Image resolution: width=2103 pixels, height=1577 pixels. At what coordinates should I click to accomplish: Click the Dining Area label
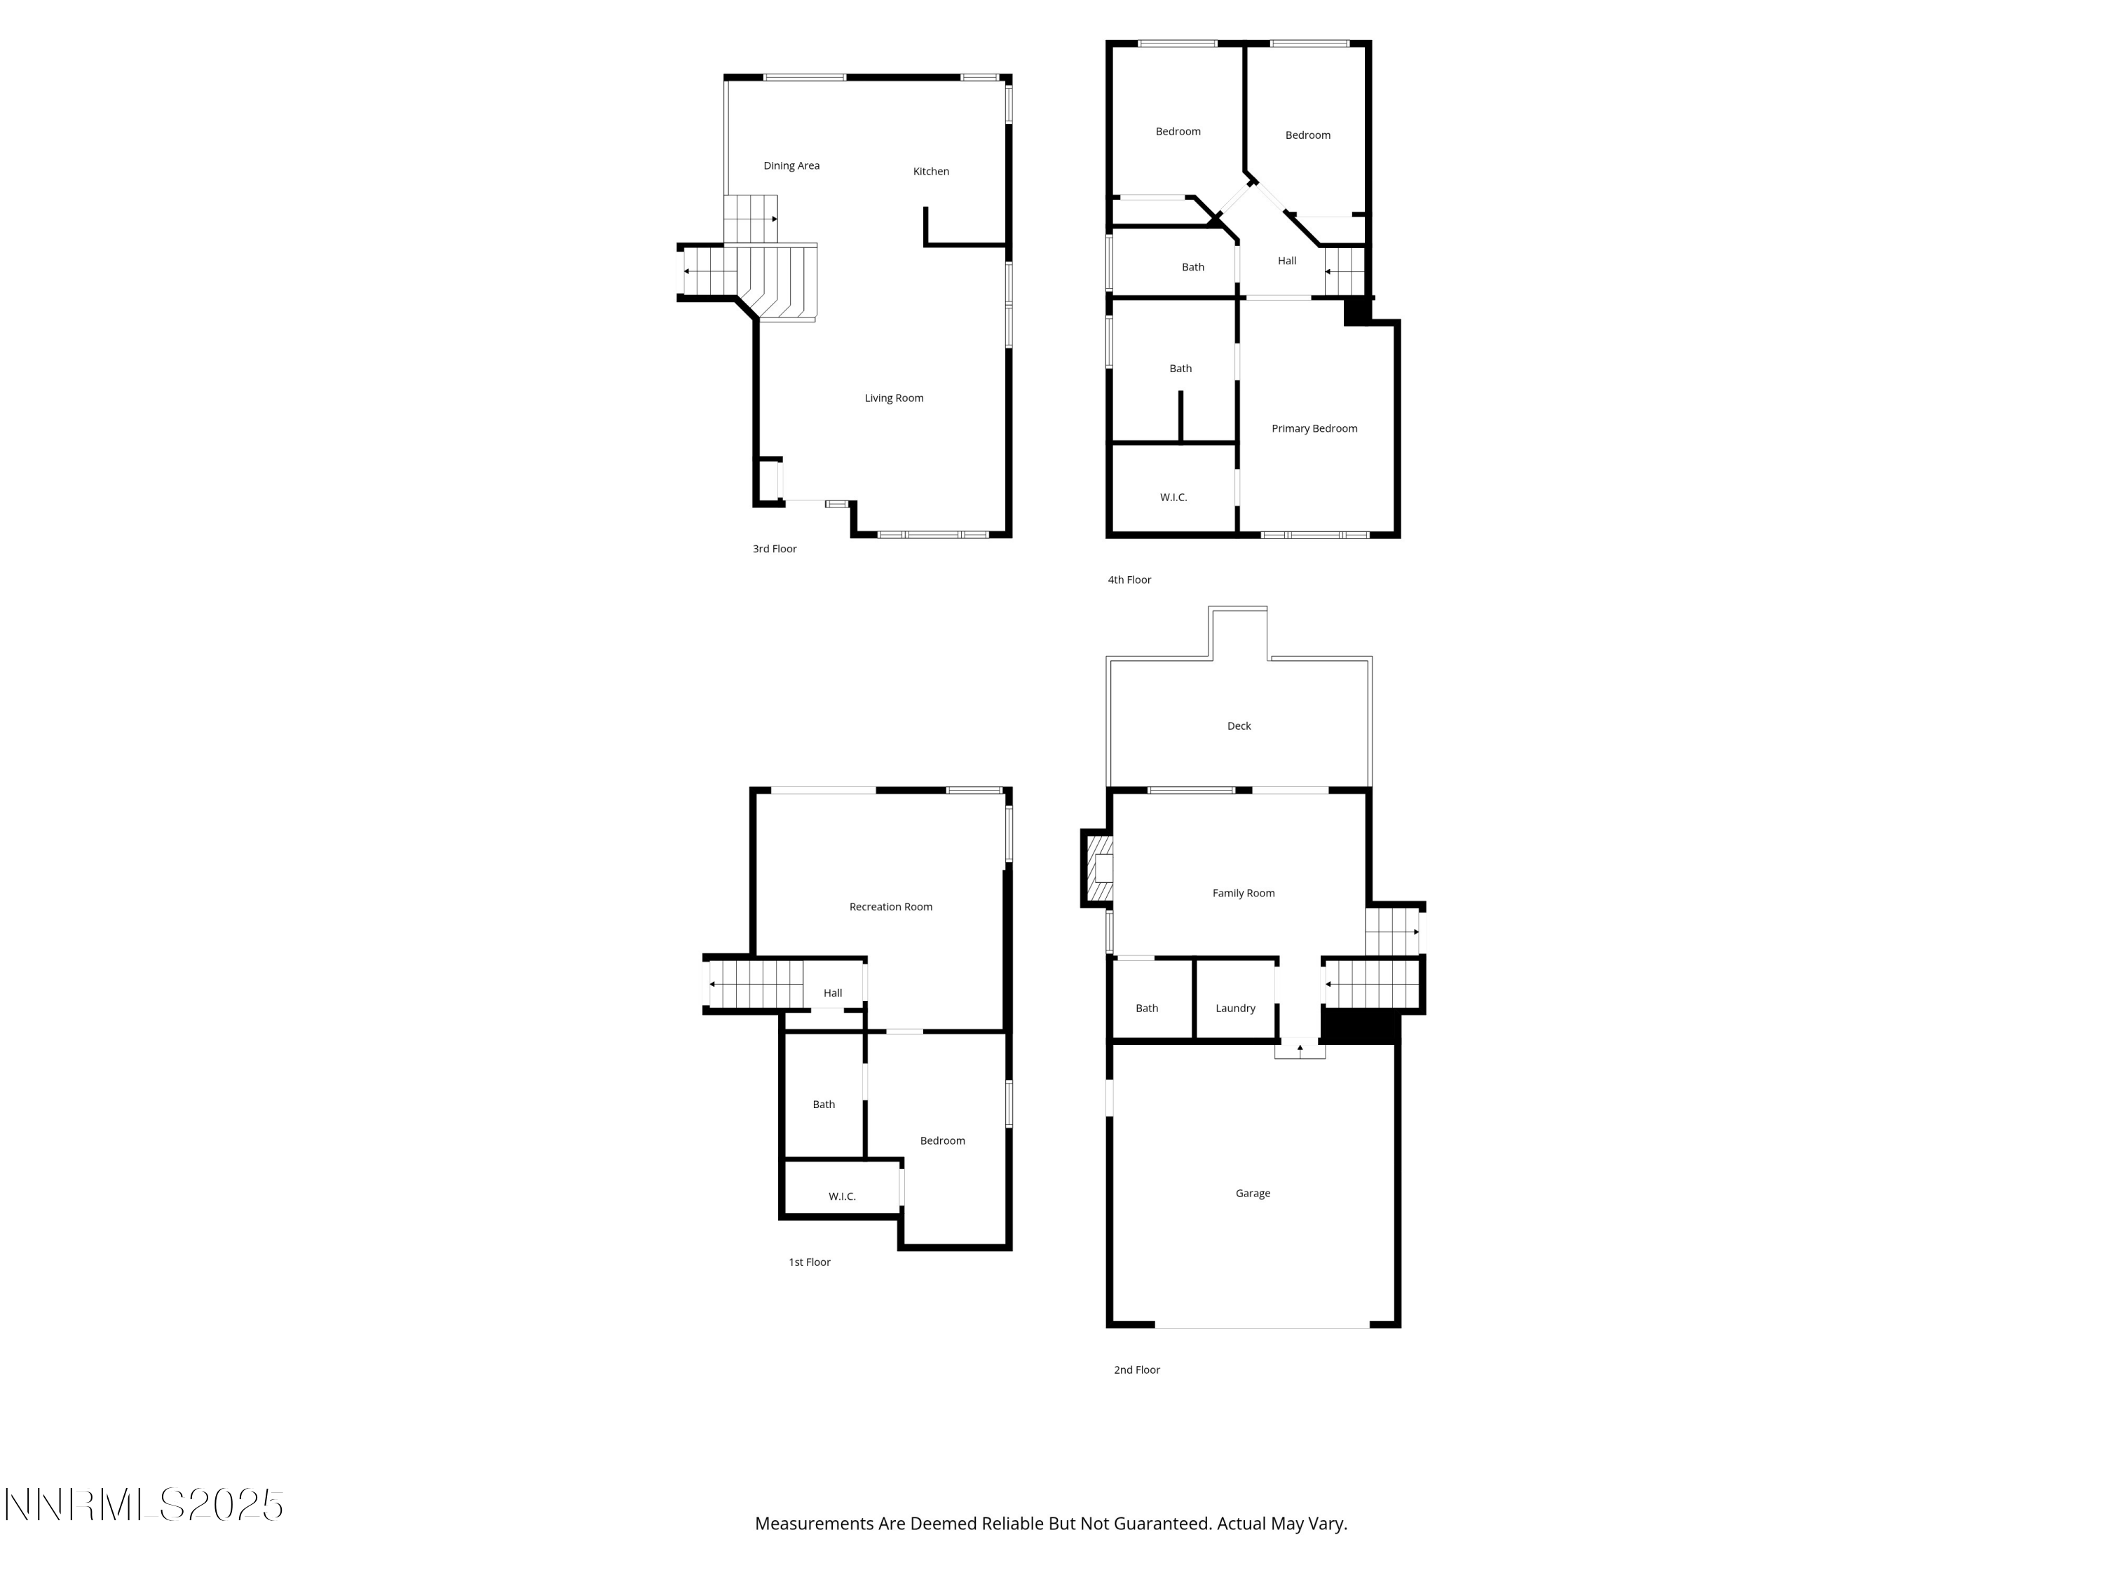(791, 165)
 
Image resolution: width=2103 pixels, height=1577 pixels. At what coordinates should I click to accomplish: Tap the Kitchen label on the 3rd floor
(931, 171)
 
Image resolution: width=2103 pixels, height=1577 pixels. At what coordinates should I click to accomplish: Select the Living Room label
(894, 398)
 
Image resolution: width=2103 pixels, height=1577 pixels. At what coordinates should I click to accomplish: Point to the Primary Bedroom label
(1314, 429)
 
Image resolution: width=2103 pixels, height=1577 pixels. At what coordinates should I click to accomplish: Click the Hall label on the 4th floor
(1286, 261)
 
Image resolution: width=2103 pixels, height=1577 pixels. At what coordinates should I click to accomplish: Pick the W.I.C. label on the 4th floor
(1173, 497)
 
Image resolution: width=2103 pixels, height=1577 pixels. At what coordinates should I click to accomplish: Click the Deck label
(1239, 726)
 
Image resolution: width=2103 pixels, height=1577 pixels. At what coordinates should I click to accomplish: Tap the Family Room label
(1243, 894)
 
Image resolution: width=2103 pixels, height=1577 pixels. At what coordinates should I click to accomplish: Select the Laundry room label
(1235, 1009)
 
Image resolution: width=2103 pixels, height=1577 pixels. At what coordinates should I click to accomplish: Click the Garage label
(1252, 1193)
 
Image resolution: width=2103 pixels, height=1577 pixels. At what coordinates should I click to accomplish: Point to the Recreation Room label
(890, 907)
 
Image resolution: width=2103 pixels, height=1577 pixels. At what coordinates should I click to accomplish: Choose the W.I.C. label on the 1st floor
(841, 1197)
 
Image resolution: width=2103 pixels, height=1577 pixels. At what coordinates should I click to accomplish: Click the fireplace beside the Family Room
(1099, 868)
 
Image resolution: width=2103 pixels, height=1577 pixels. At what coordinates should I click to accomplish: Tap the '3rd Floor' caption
(774, 549)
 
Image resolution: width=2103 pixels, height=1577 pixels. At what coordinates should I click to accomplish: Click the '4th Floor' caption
(1129, 580)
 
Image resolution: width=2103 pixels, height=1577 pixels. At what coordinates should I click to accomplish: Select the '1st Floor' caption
(809, 1262)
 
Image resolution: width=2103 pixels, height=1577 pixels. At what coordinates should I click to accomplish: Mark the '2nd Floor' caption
(1136, 1370)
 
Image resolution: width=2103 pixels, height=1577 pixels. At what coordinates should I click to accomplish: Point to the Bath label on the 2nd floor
(1147, 1009)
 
